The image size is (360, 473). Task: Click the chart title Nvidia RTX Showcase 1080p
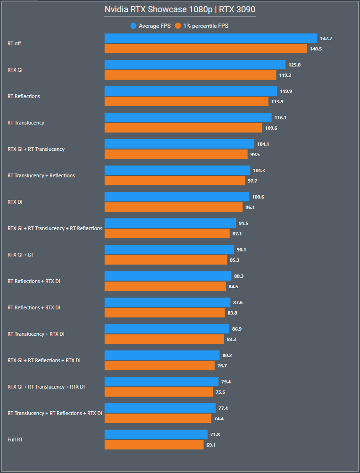pyautogui.click(x=180, y=10)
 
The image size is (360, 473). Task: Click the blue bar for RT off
pyautogui.click(x=210, y=38)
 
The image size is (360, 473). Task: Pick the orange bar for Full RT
pyautogui.click(x=154, y=445)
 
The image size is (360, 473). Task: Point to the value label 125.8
pyautogui.click(x=295, y=65)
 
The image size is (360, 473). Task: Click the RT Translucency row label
pyautogui.click(x=26, y=123)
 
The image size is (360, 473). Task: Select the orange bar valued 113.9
pyautogui.click(x=186, y=101)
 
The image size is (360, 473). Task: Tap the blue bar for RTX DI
pyautogui.click(x=176, y=197)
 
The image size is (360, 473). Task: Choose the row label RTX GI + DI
pyautogui.click(x=20, y=255)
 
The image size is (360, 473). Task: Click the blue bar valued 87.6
pyautogui.click(x=167, y=302)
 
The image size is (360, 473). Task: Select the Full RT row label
pyautogui.click(x=15, y=440)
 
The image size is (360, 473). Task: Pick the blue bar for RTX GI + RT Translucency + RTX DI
pyautogui.click(x=161, y=382)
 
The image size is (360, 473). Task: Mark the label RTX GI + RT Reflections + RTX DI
pyautogui.click(x=44, y=360)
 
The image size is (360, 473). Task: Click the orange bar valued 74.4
pyautogui.click(x=158, y=418)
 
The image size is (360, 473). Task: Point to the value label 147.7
pyautogui.click(x=327, y=38)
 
